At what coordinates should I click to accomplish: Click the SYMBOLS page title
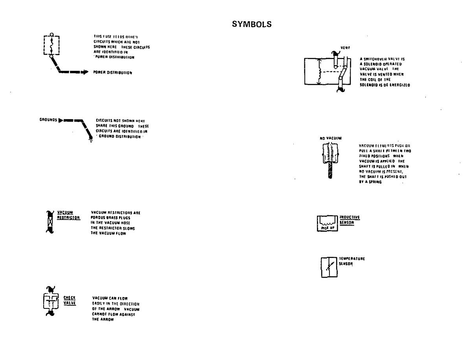point(252,24)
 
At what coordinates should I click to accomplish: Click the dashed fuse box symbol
point(51,45)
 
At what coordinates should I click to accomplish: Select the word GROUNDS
point(48,119)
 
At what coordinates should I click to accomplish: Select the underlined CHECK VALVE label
point(69,300)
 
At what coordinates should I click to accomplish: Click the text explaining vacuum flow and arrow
point(116,309)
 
